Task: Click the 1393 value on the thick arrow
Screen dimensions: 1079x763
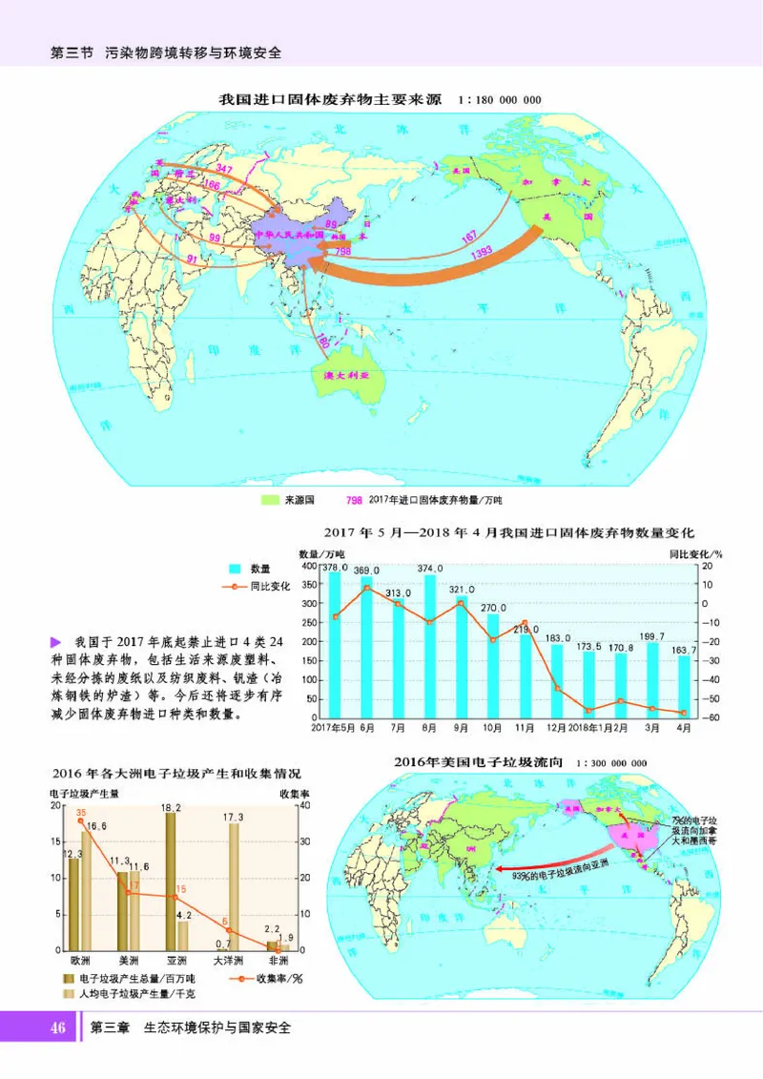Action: click(481, 252)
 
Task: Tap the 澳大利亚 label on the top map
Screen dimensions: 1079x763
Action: click(346, 377)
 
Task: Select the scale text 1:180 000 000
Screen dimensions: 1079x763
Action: click(500, 99)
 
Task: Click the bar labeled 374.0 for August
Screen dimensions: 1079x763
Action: click(429, 646)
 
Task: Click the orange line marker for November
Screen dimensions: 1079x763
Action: click(525, 623)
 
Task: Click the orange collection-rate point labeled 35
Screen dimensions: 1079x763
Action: click(81, 820)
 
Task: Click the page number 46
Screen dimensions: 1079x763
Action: click(57, 1027)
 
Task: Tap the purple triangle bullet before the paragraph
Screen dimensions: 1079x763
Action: click(54, 640)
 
